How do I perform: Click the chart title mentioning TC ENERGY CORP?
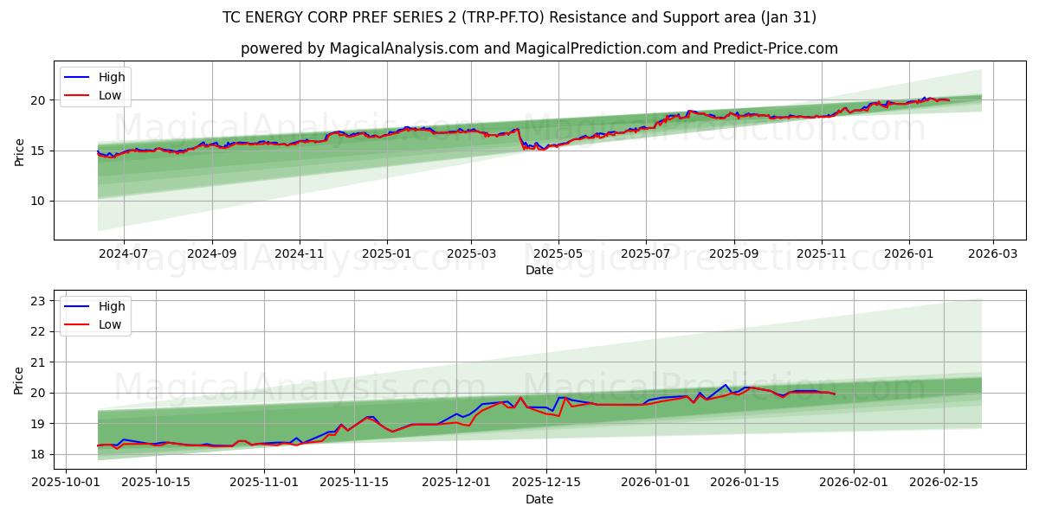[519, 17]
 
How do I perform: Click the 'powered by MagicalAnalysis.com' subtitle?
[539, 48]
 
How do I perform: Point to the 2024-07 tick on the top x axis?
[123, 254]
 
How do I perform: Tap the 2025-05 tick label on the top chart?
[558, 254]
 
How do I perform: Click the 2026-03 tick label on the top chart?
[992, 254]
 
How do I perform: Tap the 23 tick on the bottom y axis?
[38, 301]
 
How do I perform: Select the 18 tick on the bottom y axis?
[38, 454]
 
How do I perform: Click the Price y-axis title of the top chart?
[19, 151]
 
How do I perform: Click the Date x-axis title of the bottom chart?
[539, 499]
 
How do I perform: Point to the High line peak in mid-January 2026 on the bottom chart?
[726, 385]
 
